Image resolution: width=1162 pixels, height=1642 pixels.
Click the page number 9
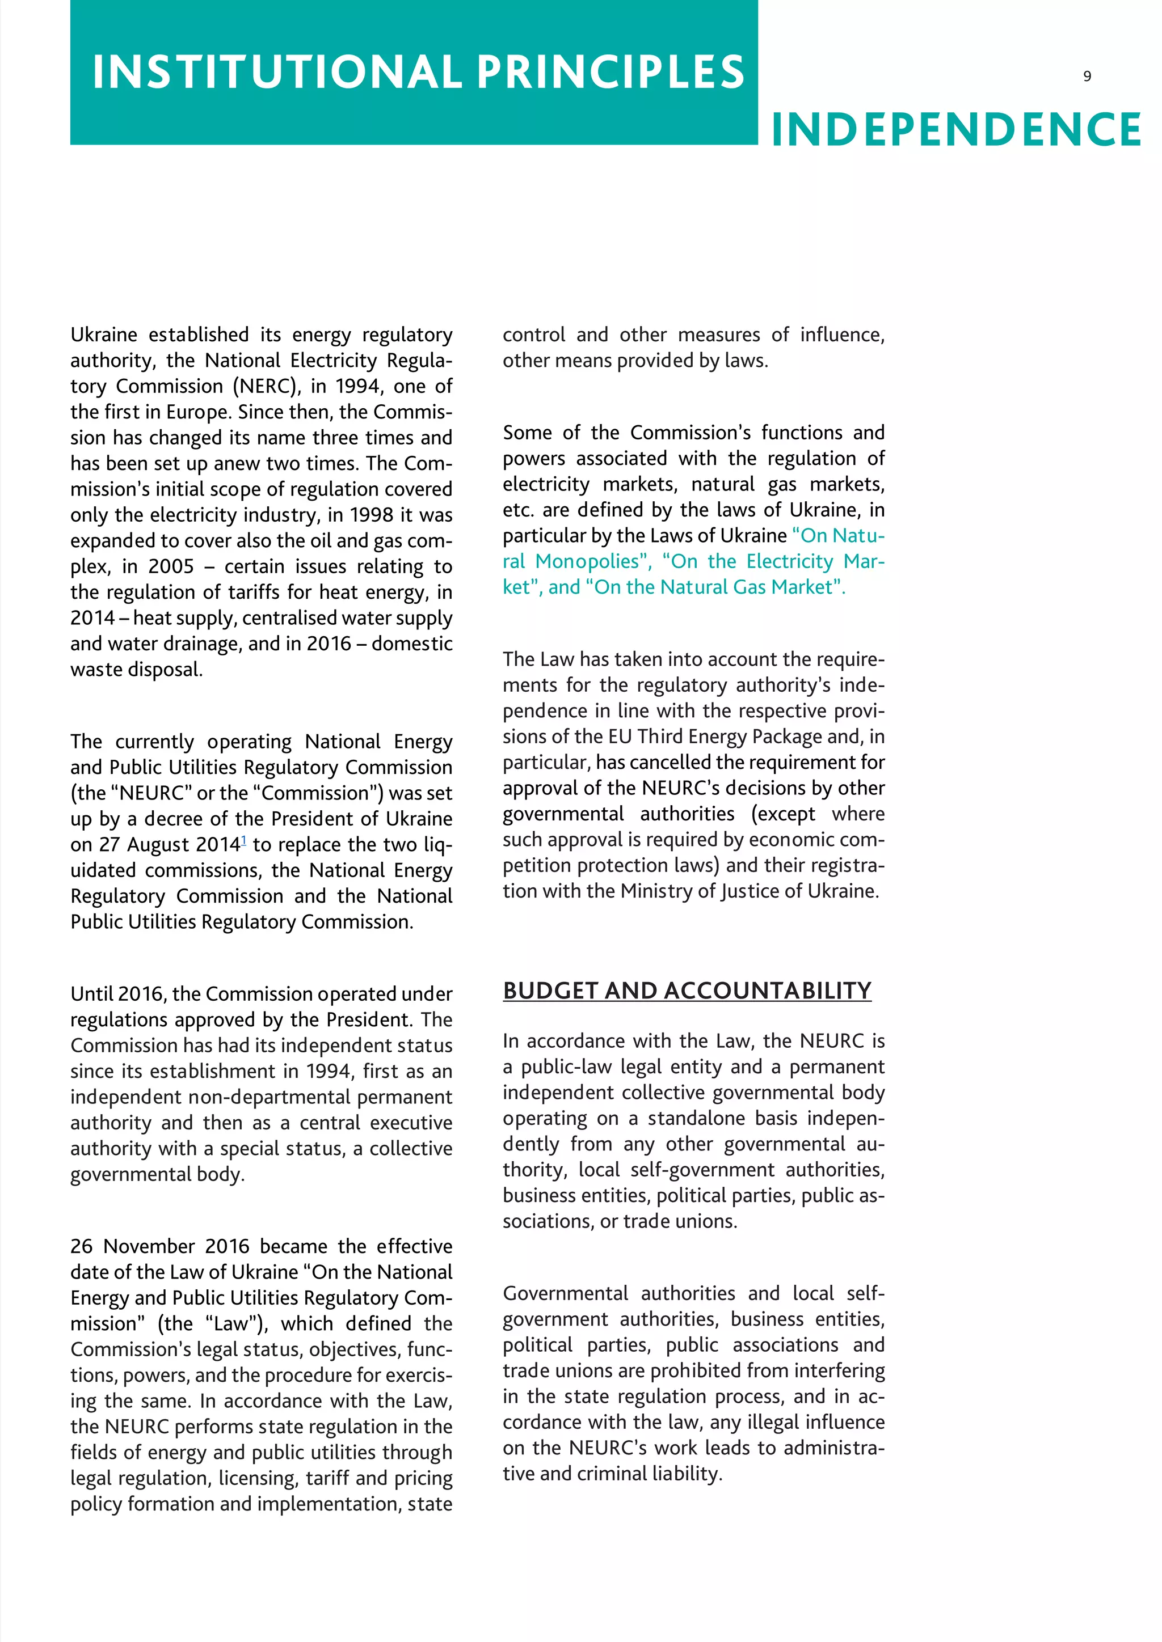[x=1087, y=77]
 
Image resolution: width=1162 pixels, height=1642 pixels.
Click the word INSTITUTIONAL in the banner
[x=277, y=71]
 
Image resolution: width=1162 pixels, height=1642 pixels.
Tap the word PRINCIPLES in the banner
[x=611, y=71]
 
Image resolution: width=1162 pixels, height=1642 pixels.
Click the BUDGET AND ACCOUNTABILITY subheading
[x=687, y=991]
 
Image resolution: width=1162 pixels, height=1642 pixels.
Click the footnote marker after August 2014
[x=244, y=840]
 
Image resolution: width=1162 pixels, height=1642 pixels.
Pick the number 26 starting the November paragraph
[x=82, y=1246]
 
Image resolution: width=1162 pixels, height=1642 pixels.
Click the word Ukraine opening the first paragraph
[x=104, y=335]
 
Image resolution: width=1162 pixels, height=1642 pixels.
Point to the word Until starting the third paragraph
[x=91, y=994]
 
